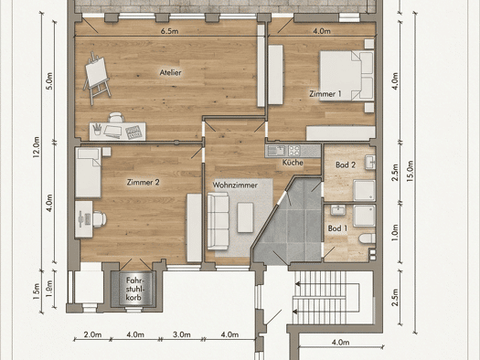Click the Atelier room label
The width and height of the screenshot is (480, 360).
[170, 72]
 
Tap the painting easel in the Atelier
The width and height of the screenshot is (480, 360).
[96, 78]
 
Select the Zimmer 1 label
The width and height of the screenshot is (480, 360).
[325, 93]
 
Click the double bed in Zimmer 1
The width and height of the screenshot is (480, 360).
[347, 76]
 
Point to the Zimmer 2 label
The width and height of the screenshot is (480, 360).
[143, 183]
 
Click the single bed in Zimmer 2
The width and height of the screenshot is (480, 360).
[88, 173]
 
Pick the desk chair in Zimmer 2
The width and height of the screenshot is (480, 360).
[99, 219]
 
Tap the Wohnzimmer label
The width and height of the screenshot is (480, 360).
[235, 185]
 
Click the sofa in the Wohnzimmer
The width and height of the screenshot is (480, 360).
[218, 221]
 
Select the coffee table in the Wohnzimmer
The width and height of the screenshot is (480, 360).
[246, 217]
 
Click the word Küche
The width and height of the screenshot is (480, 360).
[293, 163]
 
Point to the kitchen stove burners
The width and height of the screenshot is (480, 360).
[294, 151]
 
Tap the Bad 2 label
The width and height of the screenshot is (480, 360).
[346, 164]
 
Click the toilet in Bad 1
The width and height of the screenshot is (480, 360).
[368, 238]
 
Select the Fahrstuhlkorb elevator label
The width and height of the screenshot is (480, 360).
[134, 289]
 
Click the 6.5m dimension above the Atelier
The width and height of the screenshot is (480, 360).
[169, 31]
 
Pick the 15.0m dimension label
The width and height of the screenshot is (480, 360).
[411, 171]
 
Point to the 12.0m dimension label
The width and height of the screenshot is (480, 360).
[37, 147]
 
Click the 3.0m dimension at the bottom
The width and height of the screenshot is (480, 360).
[182, 334]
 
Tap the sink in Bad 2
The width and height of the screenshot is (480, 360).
[370, 163]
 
